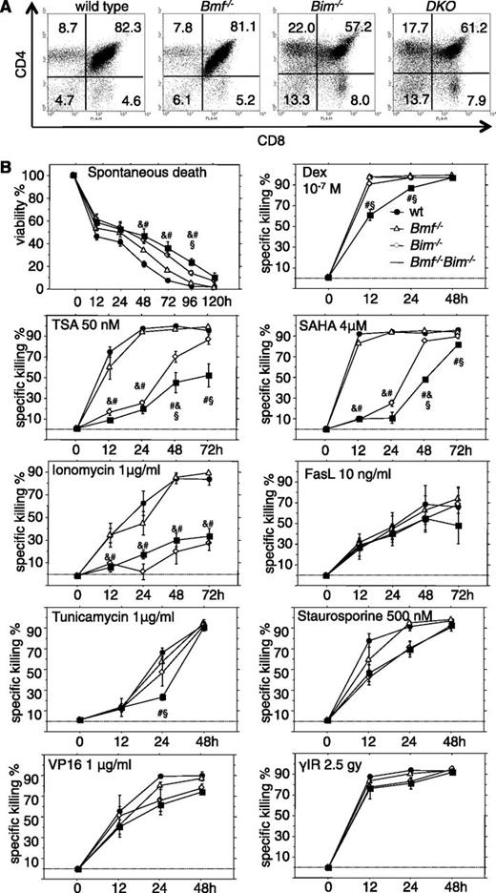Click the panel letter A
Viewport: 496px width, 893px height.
pyautogui.click(x=9, y=9)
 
